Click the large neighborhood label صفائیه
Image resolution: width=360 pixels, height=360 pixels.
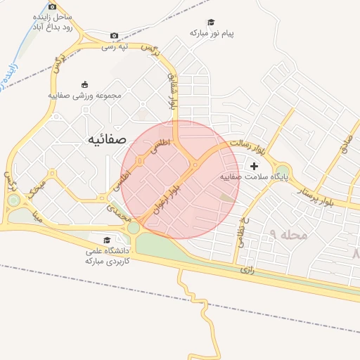point(106,139)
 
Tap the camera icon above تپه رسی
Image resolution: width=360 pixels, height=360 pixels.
point(115,35)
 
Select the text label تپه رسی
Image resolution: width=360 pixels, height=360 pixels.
point(115,46)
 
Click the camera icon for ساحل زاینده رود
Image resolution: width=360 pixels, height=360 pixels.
point(52,6)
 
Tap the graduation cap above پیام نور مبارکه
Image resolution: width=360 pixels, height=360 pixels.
point(210,22)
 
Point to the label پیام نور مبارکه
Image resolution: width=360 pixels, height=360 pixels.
point(211,33)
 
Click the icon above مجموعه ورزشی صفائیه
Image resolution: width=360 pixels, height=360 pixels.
point(85,84)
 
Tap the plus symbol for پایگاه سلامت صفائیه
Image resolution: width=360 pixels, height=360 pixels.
point(254,166)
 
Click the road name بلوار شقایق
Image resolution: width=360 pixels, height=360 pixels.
point(172,91)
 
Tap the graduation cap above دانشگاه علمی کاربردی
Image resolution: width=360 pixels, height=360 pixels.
point(106,240)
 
